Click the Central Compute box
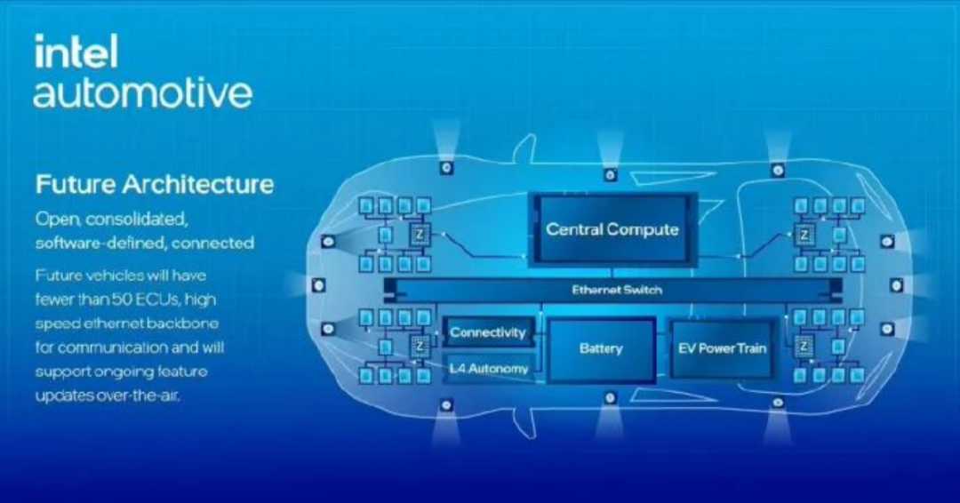coord(612,229)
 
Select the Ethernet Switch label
coord(617,290)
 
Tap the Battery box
coord(601,349)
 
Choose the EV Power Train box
coord(722,348)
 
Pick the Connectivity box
coord(488,332)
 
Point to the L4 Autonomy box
coord(488,369)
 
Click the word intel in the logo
coord(76,52)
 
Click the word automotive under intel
coord(142,92)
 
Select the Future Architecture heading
coord(155,184)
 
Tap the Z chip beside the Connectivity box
coord(420,346)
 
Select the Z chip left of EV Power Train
coord(804,347)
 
